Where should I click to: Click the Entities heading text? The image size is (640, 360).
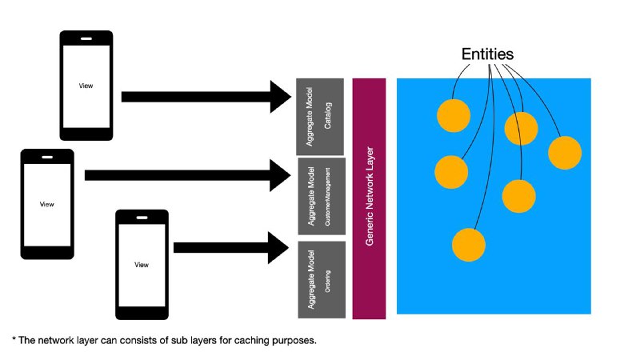pyautogui.click(x=487, y=54)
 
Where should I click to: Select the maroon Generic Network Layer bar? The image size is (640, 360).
pyautogui.click(x=369, y=198)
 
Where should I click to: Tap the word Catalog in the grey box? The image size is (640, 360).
pyautogui.click(x=328, y=115)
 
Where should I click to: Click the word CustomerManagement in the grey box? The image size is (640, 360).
pyautogui.click(x=328, y=197)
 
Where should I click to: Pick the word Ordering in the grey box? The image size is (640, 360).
pyautogui.click(x=327, y=282)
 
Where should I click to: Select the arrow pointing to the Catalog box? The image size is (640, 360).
pyautogui.click(x=206, y=97)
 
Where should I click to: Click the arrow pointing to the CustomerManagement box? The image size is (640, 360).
pyautogui.click(x=188, y=175)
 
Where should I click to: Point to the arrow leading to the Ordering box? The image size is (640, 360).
pyautogui.click(x=231, y=248)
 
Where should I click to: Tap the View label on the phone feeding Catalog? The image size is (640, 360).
pyautogui.click(x=86, y=86)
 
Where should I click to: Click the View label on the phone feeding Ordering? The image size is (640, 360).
pyautogui.click(x=142, y=265)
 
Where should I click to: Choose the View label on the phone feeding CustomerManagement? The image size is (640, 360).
pyautogui.click(x=47, y=204)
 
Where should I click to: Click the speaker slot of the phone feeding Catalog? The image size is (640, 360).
pyautogui.click(x=86, y=38)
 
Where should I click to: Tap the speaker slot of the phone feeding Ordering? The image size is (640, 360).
pyautogui.click(x=142, y=218)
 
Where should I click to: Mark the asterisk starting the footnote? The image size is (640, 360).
pyautogui.click(x=14, y=338)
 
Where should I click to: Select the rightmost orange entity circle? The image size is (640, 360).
pyautogui.click(x=565, y=153)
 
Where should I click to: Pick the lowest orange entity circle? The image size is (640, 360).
pyautogui.click(x=469, y=245)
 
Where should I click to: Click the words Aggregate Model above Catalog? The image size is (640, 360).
pyautogui.click(x=310, y=116)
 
